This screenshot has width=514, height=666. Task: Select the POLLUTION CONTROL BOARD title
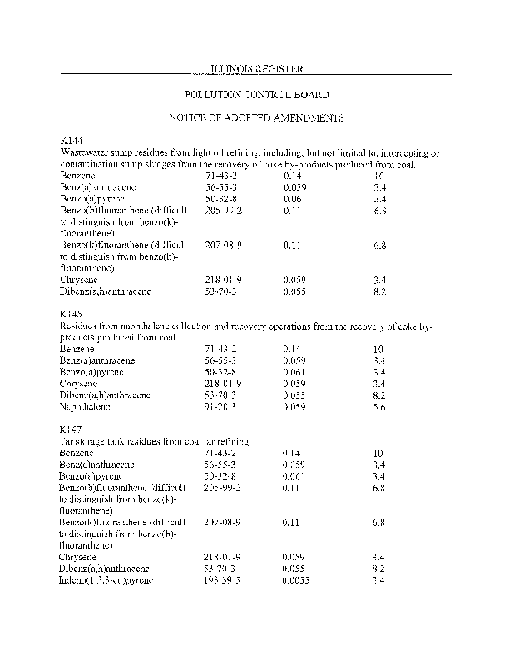coord(256,95)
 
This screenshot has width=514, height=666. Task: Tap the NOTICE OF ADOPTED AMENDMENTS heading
coord(256,118)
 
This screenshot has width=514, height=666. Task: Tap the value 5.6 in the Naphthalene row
coord(379,407)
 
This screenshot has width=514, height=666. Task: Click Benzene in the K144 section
coord(77,176)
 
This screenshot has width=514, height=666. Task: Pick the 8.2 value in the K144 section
coord(380,293)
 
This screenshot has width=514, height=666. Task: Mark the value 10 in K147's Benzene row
coord(378,452)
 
